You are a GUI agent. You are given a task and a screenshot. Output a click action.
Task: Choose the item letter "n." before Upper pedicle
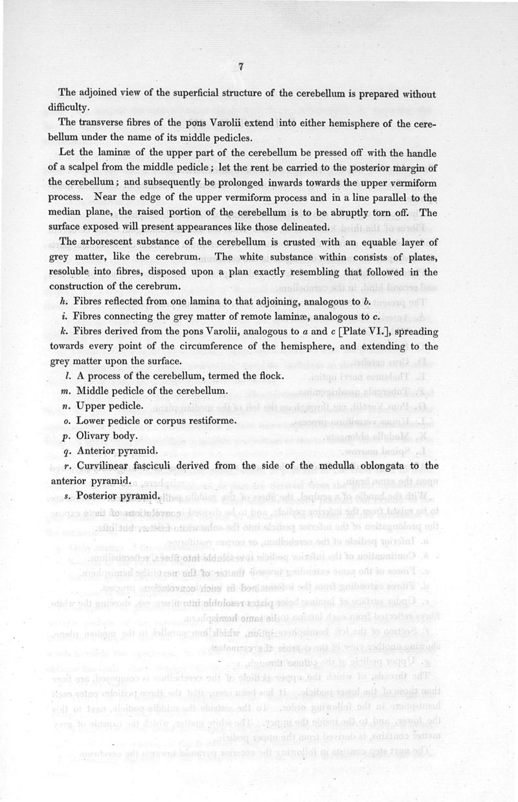pos(66,407)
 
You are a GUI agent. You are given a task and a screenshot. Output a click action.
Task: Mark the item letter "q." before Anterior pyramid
pos(66,451)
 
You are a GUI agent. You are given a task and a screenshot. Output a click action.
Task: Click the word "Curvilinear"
pos(108,466)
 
